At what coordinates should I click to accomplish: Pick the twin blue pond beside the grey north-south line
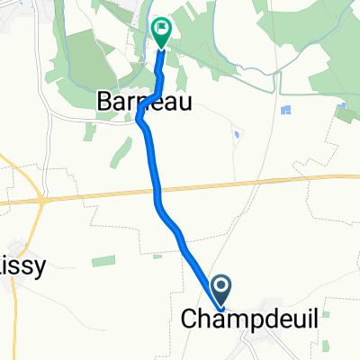[286, 111]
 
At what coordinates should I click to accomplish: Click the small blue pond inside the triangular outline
[236, 133]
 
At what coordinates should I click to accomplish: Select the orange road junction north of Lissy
[40, 199]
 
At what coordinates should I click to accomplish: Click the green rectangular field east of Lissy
[103, 262]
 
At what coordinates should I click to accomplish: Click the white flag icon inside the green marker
[162, 28]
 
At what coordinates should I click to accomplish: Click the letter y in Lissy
[40, 267]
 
